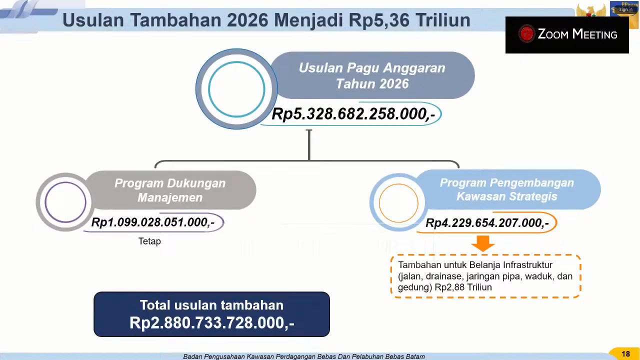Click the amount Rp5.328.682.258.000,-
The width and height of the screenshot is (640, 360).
353,114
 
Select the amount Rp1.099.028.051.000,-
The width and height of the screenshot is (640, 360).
153,222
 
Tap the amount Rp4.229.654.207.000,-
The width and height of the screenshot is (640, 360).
487,223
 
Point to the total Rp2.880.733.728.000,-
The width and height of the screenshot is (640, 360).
211,323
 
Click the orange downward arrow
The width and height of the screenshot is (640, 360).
483,243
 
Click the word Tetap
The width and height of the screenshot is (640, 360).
149,241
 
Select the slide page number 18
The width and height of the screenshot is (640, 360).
625,354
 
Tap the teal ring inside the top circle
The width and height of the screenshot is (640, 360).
236,61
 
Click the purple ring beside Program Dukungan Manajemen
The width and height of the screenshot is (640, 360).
65,182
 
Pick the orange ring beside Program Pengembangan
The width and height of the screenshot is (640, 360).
398,184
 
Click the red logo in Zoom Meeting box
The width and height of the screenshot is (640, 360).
526,34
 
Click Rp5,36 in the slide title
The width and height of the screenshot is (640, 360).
379,20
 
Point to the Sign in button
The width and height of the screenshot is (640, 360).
625,9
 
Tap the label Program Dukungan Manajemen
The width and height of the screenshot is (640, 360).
170,190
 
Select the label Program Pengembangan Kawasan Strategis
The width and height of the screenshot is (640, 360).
507,189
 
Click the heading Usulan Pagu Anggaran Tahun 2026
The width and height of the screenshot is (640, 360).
372,75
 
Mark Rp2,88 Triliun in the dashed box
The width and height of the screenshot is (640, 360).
463,287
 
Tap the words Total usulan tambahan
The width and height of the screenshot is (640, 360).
211,305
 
